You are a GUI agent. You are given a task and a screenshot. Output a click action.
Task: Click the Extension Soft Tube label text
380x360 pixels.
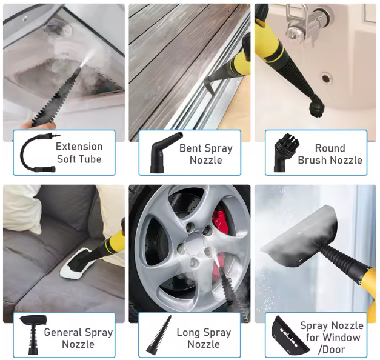click(79, 153)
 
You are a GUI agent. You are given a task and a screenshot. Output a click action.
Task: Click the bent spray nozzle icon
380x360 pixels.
click(161, 154)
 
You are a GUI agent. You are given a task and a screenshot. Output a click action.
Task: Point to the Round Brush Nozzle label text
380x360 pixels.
click(330, 154)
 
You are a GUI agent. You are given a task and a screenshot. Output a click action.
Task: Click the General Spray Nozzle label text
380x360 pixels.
click(78, 338)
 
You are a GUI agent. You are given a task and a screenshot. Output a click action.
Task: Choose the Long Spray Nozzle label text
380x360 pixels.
click(203, 338)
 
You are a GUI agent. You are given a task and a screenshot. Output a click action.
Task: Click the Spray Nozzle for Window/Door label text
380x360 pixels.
click(332, 338)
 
